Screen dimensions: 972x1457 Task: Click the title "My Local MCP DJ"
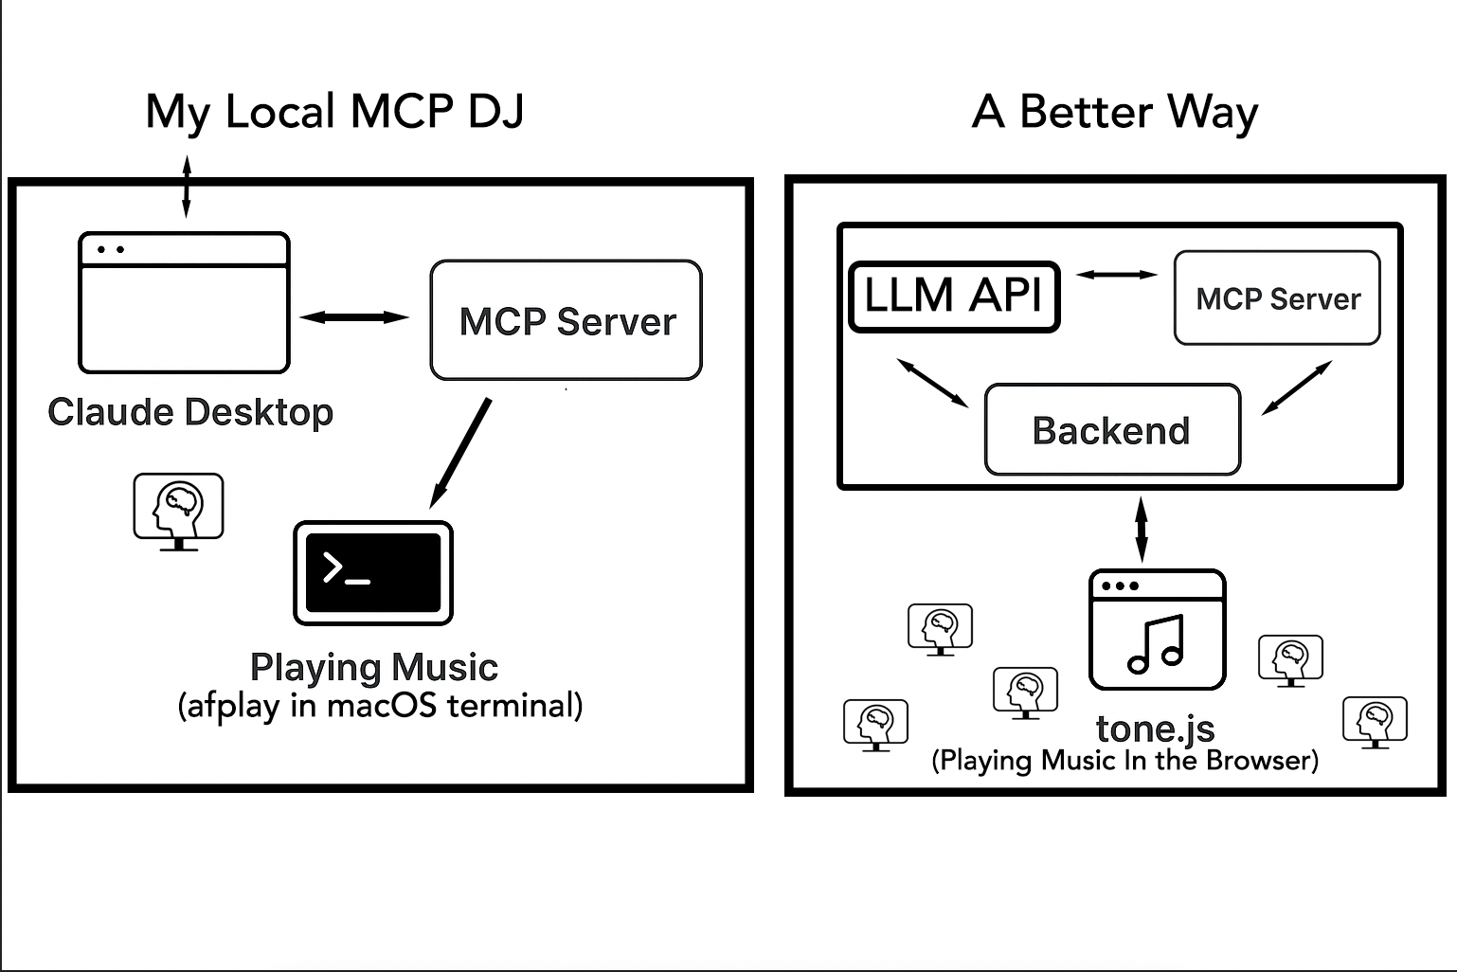pos(334,112)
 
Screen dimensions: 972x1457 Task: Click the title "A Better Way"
pos(1115,112)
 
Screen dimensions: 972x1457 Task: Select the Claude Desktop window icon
pos(184,302)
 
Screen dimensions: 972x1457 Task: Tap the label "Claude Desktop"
pos(190,412)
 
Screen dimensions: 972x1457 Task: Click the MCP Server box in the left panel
pos(566,320)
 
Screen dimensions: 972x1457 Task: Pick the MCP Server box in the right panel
pos(1277,297)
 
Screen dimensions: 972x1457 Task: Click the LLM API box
pos(954,296)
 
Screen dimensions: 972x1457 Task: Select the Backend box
pos(1112,429)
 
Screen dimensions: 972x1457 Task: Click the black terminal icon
pos(373,572)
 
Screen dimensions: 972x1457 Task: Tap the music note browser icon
pos(1157,630)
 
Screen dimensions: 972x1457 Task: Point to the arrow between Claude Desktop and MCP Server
pos(354,317)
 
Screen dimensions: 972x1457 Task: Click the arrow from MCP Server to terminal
pos(461,453)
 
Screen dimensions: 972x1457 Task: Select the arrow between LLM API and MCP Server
pos(1117,275)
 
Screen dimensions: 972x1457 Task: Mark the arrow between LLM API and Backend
pos(933,383)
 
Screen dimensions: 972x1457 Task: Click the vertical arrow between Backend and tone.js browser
pos(1142,530)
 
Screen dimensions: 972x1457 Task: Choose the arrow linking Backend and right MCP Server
pos(1297,387)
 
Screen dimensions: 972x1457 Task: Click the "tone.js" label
pos(1155,729)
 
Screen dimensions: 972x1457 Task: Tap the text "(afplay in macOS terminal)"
pos(380,706)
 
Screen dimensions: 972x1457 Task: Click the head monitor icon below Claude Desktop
pos(178,512)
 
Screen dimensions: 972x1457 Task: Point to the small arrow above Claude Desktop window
pos(187,187)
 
